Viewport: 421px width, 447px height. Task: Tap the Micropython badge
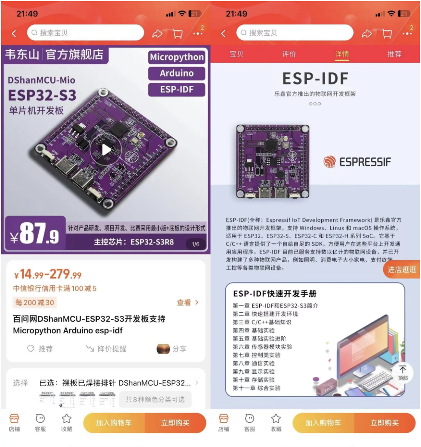tap(177, 57)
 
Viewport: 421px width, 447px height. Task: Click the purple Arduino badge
tap(177, 73)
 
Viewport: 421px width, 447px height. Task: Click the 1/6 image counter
tap(196, 244)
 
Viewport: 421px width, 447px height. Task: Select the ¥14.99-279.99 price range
tap(48, 275)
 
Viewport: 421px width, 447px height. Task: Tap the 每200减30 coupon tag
tap(35, 303)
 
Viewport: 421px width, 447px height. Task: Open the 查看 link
tap(188, 303)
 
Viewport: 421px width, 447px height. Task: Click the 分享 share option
tap(172, 349)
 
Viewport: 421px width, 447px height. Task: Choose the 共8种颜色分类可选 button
tap(155, 399)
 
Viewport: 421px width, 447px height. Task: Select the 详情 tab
tap(342, 54)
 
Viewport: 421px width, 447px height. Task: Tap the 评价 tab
tap(289, 54)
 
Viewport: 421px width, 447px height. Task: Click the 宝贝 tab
tap(237, 54)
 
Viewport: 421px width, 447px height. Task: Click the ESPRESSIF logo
tap(357, 162)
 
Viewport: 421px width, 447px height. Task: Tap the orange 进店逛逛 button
tap(402, 269)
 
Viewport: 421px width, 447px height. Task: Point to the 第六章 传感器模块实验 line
tap(262, 347)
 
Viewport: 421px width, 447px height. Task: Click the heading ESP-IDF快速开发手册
tap(275, 294)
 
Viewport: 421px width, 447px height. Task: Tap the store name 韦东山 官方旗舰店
tap(54, 55)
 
